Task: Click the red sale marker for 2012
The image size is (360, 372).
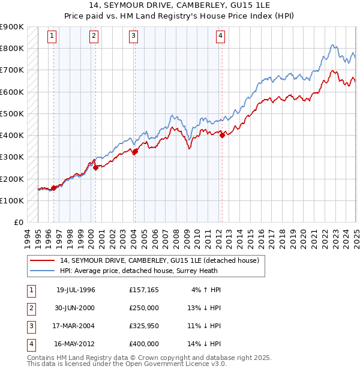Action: coord(222,135)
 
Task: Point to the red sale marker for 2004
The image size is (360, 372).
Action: coord(135,151)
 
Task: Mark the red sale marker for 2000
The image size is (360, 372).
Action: coord(95,167)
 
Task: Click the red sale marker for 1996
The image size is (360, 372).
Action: coord(54,188)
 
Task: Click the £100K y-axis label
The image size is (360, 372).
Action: coord(11,200)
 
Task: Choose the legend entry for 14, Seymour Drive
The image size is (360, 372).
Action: coord(159,260)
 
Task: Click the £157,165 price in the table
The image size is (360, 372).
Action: coord(144,290)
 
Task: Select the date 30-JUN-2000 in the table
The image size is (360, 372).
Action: coord(75,308)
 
